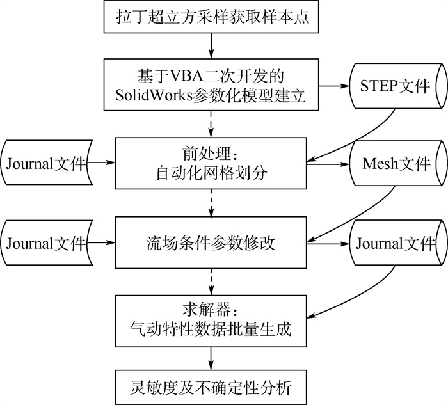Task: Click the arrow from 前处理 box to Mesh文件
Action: tap(326, 164)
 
